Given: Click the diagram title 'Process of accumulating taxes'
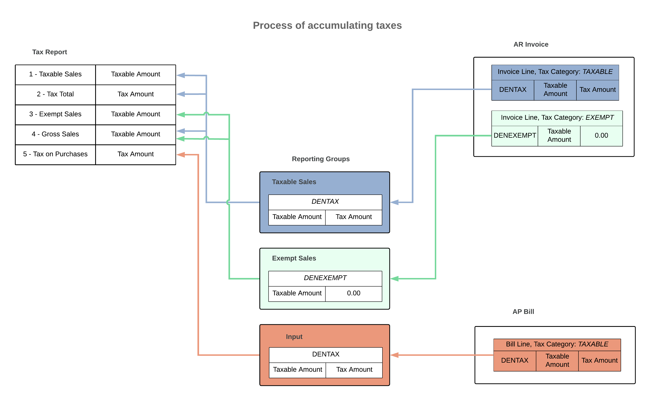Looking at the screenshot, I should (x=327, y=25).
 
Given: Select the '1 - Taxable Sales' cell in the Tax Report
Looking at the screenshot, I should (x=55, y=74).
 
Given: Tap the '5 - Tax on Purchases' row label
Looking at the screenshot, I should (x=55, y=154).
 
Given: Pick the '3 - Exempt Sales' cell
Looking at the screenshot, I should (x=55, y=114).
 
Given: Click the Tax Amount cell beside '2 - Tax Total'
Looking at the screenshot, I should (x=135, y=94).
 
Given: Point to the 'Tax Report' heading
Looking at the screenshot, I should (x=50, y=52).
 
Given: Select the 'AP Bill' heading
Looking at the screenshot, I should (x=523, y=312).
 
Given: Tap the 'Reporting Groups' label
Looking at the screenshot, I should (x=321, y=159).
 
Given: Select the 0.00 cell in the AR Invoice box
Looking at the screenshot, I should (x=601, y=135).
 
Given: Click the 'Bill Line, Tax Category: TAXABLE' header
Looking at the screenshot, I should (x=557, y=344).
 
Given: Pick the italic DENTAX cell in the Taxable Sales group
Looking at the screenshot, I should (x=325, y=202).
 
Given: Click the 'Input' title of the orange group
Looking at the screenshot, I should (x=294, y=337).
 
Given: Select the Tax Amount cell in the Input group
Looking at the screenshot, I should (x=354, y=370).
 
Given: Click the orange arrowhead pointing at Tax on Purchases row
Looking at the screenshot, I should (x=181, y=155).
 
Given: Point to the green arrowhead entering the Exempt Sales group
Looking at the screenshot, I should (x=394, y=279).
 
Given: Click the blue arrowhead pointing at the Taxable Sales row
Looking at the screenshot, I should (x=181, y=75).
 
